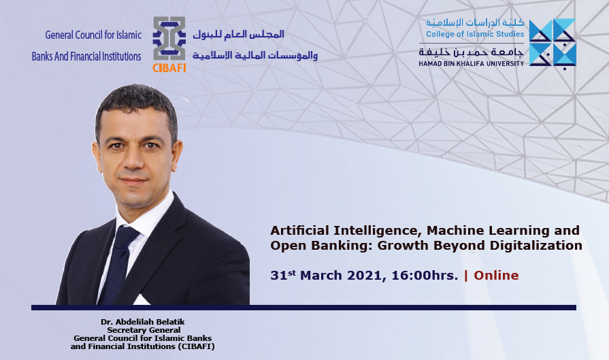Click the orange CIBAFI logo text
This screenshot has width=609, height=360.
coord(169,68)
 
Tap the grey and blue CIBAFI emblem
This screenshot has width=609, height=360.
coord(169,38)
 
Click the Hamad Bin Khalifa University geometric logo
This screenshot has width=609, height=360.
coord(553,43)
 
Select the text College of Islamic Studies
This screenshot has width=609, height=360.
coord(475,34)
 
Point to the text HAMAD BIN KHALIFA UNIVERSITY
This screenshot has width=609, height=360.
coord(471,64)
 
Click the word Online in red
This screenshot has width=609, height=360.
coord(496,276)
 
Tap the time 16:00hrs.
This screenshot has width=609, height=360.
coord(425,276)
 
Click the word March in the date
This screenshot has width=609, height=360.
coord(321,276)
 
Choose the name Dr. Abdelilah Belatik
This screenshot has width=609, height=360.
coord(142,322)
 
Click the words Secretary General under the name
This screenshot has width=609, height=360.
coord(144,330)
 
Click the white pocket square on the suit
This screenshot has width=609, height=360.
coord(142,300)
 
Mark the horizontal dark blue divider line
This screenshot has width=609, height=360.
coord(303,308)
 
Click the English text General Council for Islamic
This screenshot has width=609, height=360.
coord(93,35)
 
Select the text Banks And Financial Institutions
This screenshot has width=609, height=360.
coord(86,56)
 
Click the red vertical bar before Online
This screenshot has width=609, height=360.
coord(466,276)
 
